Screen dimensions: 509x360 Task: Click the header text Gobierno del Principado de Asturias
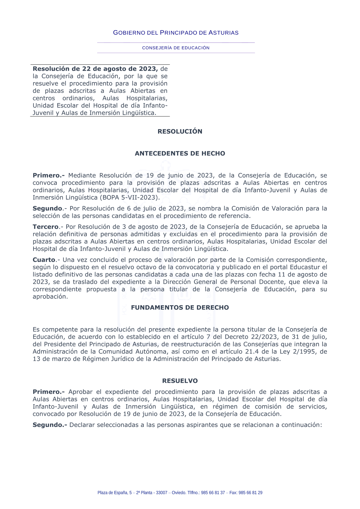(x=176, y=33)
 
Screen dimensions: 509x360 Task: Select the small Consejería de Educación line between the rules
(x=176, y=48)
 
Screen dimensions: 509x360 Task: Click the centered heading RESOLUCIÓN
(x=180, y=131)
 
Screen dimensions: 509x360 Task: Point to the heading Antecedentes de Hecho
(x=180, y=153)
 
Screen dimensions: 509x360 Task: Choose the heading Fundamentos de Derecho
(x=180, y=307)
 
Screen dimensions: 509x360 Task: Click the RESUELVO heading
(x=180, y=381)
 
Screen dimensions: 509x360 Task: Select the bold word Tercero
(x=46, y=227)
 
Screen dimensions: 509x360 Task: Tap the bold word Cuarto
(x=44, y=260)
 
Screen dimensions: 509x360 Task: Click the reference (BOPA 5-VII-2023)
(x=130, y=198)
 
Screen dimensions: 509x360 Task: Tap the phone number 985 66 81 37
(x=213, y=493)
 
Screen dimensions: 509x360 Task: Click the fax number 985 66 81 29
(x=251, y=493)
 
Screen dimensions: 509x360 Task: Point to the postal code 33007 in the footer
(x=162, y=493)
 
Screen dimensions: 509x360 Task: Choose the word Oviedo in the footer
(x=179, y=493)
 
